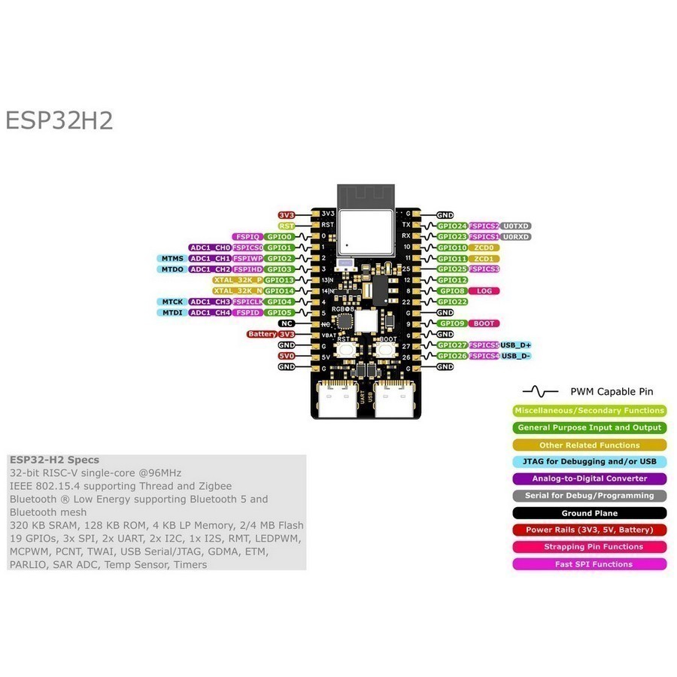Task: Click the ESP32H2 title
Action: pyautogui.click(x=59, y=121)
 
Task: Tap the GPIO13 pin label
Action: pyautogui.click(x=279, y=280)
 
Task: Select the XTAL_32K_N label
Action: pyautogui.click(x=238, y=290)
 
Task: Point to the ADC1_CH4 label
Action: pyautogui.click(x=210, y=312)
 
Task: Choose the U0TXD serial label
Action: pyautogui.click(x=515, y=226)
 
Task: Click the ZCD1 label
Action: pyautogui.click(x=484, y=258)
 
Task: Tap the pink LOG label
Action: pyautogui.click(x=484, y=290)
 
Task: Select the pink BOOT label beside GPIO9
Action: pyautogui.click(x=484, y=323)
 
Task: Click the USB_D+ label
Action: pyautogui.click(x=516, y=345)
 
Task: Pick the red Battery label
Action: pyautogui.click(x=262, y=334)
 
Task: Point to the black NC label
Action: pyautogui.click(x=285, y=323)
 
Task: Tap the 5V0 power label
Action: pyautogui.click(x=286, y=356)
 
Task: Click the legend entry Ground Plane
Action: pyautogui.click(x=589, y=513)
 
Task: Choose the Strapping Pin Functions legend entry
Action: pyautogui.click(x=589, y=547)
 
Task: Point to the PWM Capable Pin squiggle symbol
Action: pyautogui.click(x=540, y=391)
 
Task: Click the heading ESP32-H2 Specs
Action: pyautogui.click(x=54, y=460)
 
